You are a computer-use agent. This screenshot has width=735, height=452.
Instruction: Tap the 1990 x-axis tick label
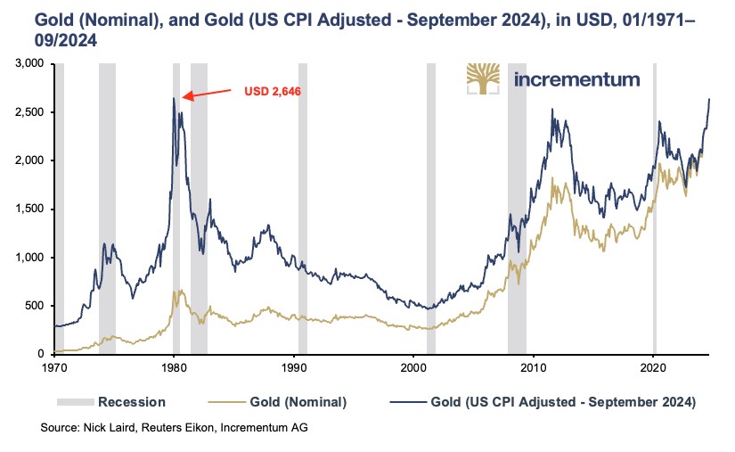pyautogui.click(x=294, y=366)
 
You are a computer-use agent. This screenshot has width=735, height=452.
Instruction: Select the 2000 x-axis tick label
pyautogui.click(x=414, y=366)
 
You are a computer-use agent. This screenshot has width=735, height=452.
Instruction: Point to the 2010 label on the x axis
pyautogui.click(x=534, y=366)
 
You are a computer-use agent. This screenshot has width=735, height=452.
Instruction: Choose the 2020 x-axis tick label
pyautogui.click(x=654, y=366)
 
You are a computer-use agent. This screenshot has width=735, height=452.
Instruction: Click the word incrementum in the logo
pyautogui.click(x=577, y=79)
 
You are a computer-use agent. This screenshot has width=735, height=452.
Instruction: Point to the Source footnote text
pyautogui.click(x=174, y=429)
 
